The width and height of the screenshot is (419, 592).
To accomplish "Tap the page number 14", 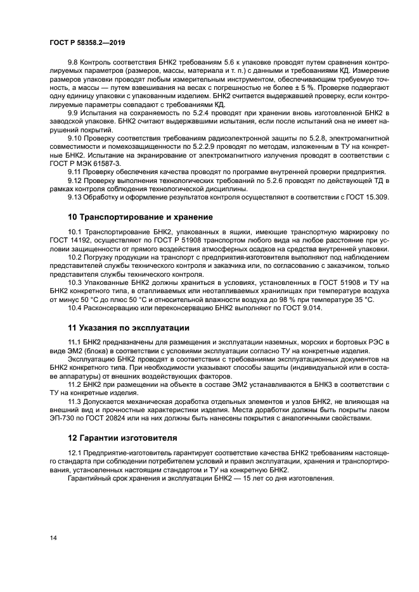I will [x=54, y=538].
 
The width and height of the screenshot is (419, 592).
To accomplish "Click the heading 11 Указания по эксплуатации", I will [x=129, y=328].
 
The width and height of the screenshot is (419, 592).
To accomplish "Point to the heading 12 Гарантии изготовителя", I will [x=124, y=438].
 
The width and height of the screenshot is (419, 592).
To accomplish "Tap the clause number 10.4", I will [x=75, y=308].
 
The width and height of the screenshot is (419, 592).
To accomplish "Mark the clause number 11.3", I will [x=75, y=402].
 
